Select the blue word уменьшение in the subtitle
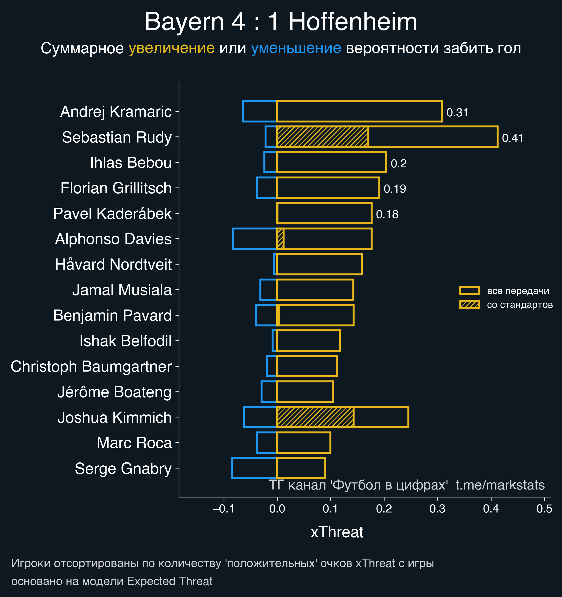pyautogui.click(x=296, y=48)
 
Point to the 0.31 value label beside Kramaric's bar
pyautogui.click(x=457, y=113)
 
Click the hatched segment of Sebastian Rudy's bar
pyautogui.click(x=323, y=137)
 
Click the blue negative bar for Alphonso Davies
pyautogui.click(x=255, y=239)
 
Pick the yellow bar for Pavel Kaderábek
pyautogui.click(x=324, y=213)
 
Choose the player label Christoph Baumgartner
pyautogui.click(x=91, y=366)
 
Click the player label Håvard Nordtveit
pyautogui.click(x=113, y=265)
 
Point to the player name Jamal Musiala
pyautogui.click(x=122, y=290)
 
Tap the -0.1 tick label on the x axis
pyautogui.click(x=223, y=509)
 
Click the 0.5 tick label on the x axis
pyautogui.click(x=544, y=509)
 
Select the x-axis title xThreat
pyautogui.click(x=337, y=532)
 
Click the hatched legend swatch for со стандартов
pyautogui.click(x=469, y=305)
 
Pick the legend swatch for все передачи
pyautogui.click(x=469, y=291)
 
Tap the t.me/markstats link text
pyautogui.click(x=500, y=485)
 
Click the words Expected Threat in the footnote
pyautogui.click(x=170, y=581)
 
